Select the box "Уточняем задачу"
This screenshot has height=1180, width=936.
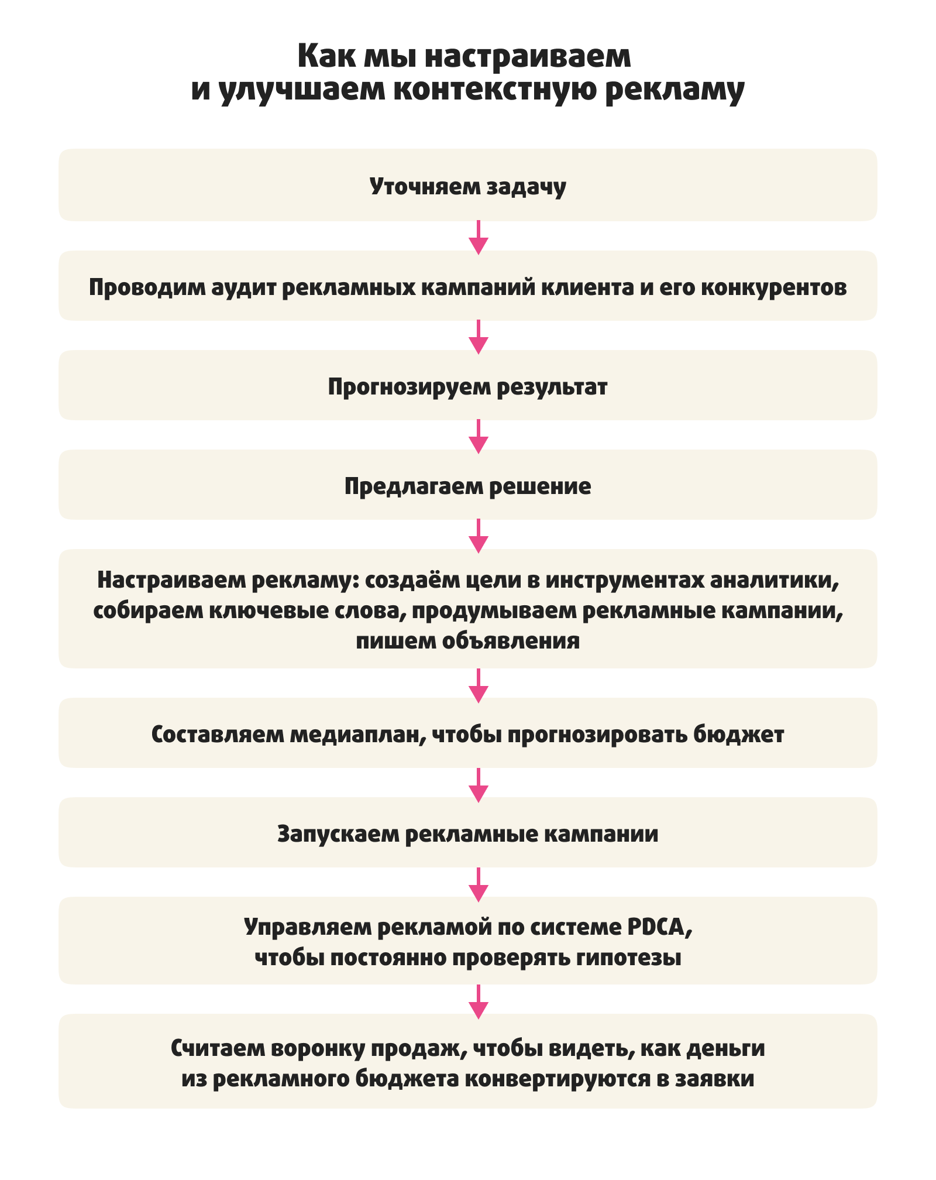coord(467,185)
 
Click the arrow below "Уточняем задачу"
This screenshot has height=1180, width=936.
coord(479,237)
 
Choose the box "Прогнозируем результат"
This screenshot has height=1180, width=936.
coord(467,386)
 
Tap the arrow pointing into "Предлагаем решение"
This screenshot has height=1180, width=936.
coord(479,436)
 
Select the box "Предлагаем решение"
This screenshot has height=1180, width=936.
coord(467,486)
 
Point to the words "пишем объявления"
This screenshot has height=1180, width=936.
coord(467,641)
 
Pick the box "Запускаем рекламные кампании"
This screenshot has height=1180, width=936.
coord(467,833)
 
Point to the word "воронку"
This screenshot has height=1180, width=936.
coord(318,1048)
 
